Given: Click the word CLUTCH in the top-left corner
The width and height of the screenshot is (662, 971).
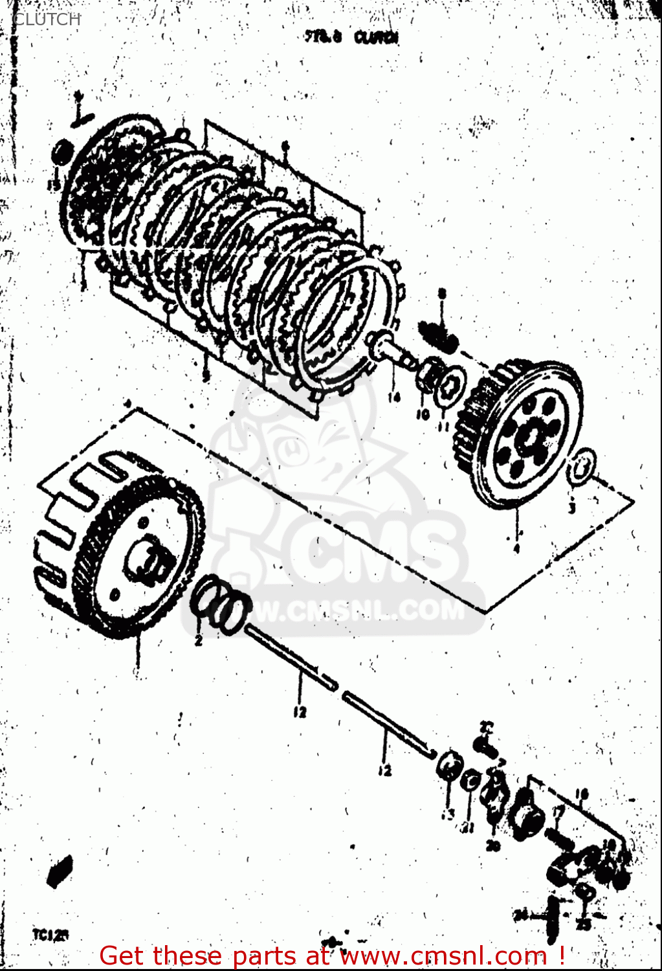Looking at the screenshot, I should [47, 19].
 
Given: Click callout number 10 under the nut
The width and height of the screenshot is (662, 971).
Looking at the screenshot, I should [422, 414].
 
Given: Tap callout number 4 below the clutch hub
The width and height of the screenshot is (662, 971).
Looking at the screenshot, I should [516, 549].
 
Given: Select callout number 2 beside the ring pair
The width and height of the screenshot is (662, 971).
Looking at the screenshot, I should [199, 640].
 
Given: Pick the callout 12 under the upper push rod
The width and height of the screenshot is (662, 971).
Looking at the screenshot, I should [299, 712].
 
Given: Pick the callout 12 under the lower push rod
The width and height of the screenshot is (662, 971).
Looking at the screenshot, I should [384, 770].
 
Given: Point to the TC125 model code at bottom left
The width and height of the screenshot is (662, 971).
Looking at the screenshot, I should [50, 935].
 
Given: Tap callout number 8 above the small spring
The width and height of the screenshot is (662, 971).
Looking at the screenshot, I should [442, 294].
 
